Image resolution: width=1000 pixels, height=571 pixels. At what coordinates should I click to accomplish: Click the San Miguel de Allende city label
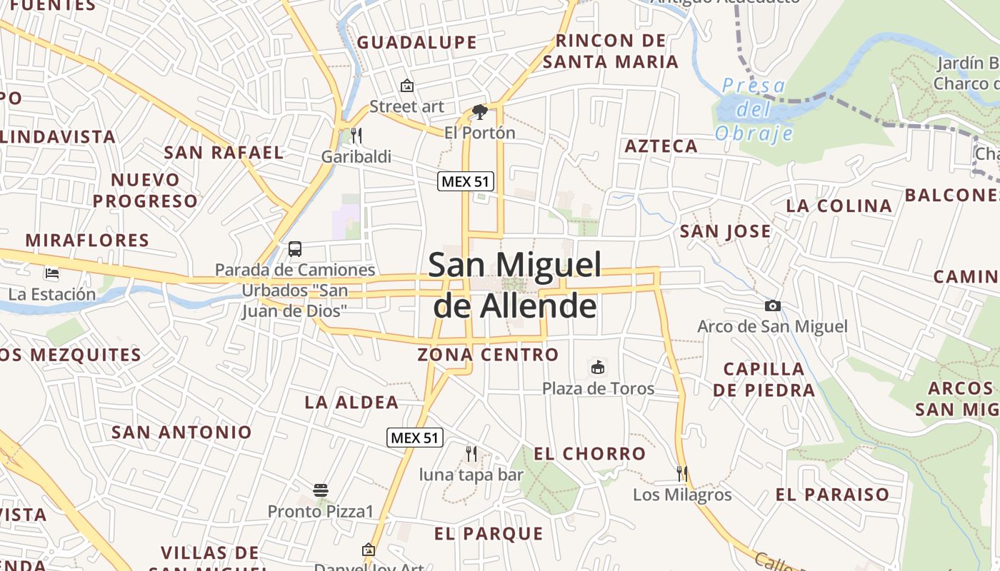tap(514, 285)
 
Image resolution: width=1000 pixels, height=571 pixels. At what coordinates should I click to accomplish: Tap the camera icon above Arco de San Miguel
tap(772, 306)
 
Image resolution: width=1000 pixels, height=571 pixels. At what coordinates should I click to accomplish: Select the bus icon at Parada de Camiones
tap(294, 249)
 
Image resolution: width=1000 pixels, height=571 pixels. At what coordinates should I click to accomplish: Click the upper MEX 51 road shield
tap(466, 181)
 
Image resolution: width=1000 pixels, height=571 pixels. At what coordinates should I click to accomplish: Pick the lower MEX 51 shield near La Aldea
tap(415, 438)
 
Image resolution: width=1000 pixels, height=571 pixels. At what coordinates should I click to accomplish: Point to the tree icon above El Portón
tap(479, 111)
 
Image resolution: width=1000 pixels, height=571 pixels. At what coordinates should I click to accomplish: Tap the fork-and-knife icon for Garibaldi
tap(356, 135)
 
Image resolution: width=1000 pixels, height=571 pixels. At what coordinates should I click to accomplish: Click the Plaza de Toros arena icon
tap(598, 368)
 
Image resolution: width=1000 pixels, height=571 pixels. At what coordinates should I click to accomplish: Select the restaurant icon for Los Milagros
tap(682, 473)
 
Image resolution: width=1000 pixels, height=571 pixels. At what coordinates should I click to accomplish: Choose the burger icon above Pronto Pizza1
tap(321, 490)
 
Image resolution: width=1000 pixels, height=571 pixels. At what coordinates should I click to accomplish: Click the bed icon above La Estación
tap(51, 273)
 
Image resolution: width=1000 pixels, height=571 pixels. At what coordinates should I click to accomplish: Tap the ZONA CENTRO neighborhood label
tap(488, 355)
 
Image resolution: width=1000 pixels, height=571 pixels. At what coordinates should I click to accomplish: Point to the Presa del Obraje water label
tap(754, 110)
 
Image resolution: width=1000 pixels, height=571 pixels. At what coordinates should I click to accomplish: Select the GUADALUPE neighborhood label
tap(416, 43)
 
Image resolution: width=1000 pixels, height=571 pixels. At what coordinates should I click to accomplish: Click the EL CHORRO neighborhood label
tap(589, 454)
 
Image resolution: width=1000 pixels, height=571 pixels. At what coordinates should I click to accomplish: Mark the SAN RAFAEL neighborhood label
tap(224, 153)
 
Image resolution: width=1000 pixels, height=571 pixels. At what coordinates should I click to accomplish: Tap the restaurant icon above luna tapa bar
tap(471, 453)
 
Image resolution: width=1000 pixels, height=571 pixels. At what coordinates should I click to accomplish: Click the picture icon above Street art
tap(406, 86)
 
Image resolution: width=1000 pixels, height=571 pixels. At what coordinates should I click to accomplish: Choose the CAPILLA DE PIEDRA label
tap(764, 380)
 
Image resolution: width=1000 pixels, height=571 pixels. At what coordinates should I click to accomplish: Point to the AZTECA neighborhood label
tap(661, 146)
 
